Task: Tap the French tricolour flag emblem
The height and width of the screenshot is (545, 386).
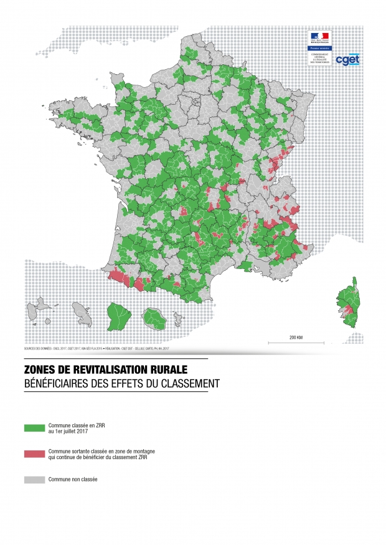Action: point(320,36)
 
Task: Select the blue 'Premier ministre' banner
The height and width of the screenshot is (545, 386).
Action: point(320,47)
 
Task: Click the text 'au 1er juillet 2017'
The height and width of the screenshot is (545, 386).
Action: point(68,431)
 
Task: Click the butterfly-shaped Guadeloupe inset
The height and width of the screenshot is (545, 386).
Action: point(42,306)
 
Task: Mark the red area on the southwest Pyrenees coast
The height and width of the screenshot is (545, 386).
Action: point(118,278)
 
